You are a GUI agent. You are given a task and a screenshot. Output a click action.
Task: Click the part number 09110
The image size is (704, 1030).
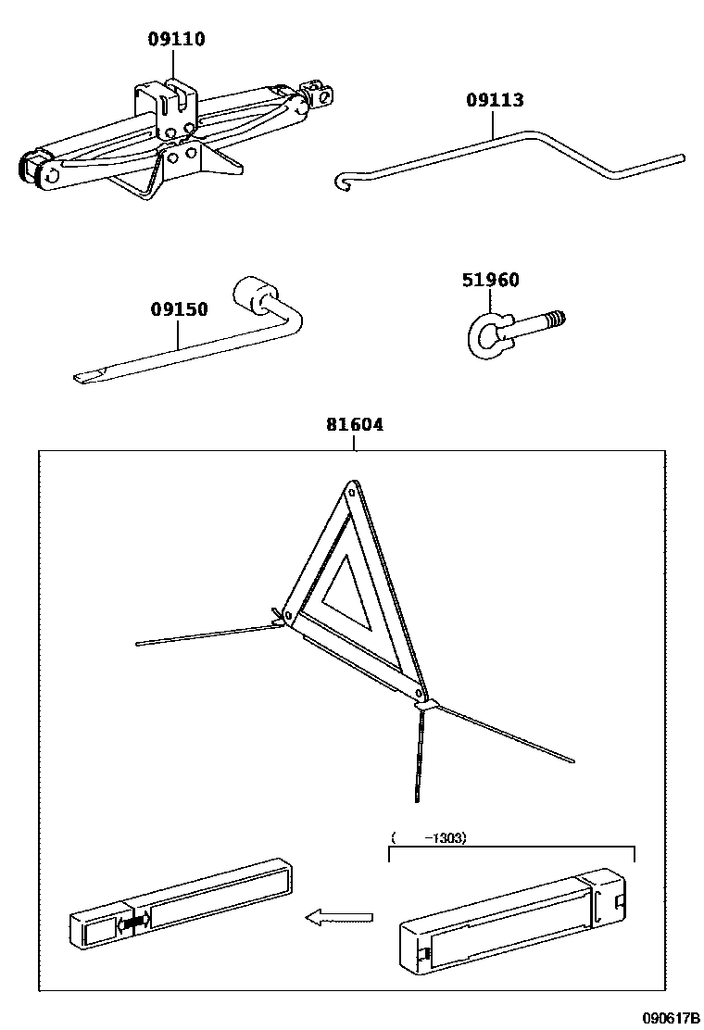pos(176,39)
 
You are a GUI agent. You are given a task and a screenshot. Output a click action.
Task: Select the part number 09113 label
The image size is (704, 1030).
pos(495,101)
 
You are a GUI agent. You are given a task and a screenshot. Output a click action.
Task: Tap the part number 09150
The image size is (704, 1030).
pos(180,309)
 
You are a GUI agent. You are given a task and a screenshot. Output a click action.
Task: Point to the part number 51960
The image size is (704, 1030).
pos(491,281)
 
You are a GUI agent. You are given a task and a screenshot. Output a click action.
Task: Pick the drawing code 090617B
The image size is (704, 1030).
pos(671,1018)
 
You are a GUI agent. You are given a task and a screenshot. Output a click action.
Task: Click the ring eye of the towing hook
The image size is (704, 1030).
pos(481,334)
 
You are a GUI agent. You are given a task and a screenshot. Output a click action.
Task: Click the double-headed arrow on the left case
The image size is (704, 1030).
pos(133,923)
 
